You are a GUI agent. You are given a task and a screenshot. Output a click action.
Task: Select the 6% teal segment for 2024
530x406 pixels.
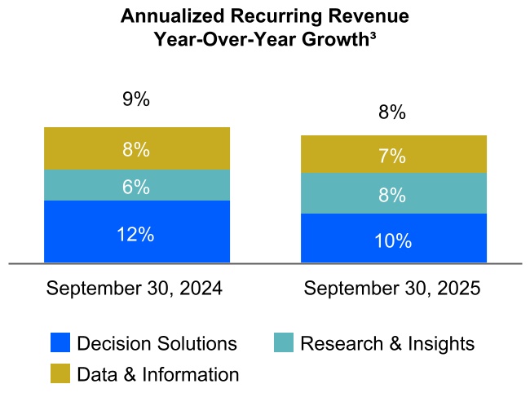click(x=136, y=186)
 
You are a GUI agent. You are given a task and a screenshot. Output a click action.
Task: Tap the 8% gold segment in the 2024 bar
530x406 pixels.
click(x=136, y=149)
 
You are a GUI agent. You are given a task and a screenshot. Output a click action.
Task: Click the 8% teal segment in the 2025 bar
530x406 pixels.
click(x=393, y=194)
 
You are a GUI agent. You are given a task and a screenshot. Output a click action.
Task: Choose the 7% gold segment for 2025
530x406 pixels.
click(x=393, y=155)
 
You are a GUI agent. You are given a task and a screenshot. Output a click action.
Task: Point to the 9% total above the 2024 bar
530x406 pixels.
click(x=136, y=100)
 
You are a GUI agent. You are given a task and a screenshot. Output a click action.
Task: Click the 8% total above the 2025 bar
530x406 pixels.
click(x=392, y=113)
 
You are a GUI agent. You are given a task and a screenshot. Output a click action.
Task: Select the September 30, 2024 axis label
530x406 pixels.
click(x=135, y=289)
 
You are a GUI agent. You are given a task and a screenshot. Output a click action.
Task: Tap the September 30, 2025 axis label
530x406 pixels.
click(x=392, y=289)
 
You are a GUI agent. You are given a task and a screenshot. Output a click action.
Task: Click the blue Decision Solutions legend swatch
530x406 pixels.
click(x=60, y=343)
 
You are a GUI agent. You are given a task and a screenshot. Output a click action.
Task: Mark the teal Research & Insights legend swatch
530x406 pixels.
click(x=283, y=343)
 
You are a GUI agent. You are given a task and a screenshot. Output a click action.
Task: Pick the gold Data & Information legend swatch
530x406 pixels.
click(x=60, y=374)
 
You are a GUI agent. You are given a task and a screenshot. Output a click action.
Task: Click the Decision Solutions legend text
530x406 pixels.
click(x=157, y=343)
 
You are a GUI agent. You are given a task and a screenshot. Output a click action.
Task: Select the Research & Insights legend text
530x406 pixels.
click(x=387, y=343)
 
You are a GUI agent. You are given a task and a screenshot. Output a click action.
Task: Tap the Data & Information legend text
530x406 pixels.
click(x=158, y=374)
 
